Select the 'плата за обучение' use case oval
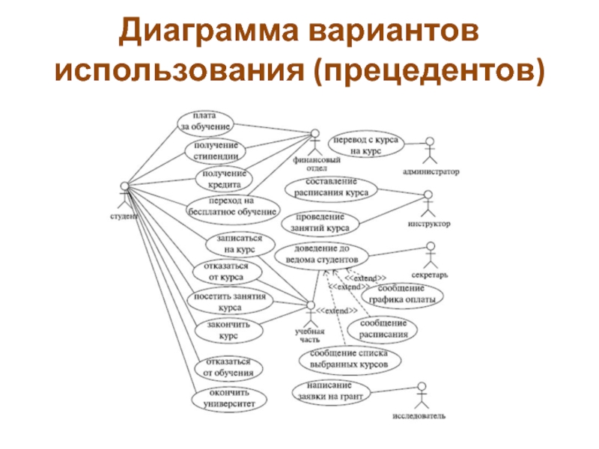[204, 121]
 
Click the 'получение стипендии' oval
[216, 150]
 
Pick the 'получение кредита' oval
[225, 179]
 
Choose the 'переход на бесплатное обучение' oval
[232, 207]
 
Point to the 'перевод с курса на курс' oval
[366, 145]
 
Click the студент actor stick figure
[124, 196]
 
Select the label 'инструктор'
[429, 223]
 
